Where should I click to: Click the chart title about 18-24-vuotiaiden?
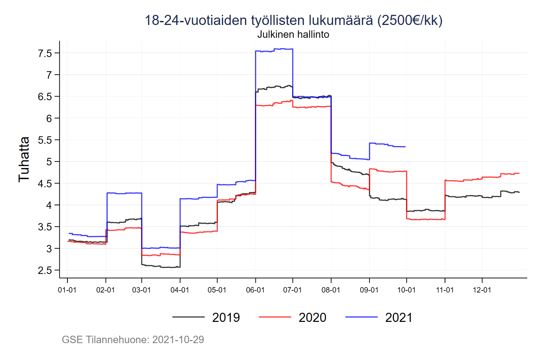[293, 20]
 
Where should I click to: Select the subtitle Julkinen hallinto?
[293, 34]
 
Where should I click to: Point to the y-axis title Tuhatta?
[24, 159]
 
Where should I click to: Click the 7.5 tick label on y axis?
[45, 53]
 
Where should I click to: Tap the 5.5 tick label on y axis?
[45, 140]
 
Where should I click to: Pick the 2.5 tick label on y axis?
[45, 270]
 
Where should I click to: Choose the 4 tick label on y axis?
[49, 205]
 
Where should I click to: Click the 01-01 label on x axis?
[67, 290]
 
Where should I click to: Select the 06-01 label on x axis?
[255, 290]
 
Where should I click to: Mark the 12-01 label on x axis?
[482, 290]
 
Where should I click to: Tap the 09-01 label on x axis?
[369, 290]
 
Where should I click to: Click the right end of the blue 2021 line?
[405, 147]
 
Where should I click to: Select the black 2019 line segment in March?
[161, 267]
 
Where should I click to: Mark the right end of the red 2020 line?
[519, 173]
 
